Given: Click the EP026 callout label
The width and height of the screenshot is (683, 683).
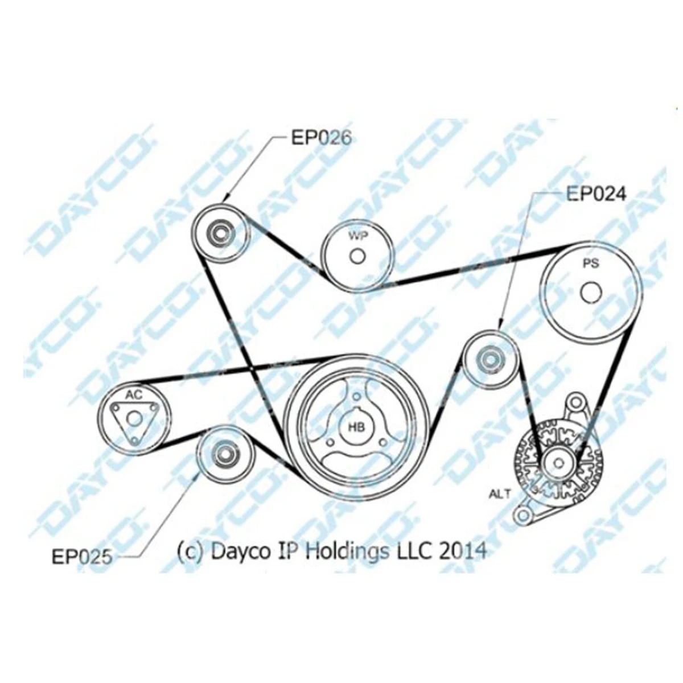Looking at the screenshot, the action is [321, 138].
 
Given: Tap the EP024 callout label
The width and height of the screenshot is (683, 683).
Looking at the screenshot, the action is [596, 194].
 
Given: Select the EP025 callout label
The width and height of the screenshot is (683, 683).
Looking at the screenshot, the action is [82, 557].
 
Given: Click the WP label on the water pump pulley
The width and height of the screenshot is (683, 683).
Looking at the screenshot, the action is [357, 236].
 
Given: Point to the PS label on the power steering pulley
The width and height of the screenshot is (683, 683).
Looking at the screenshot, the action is [591, 264].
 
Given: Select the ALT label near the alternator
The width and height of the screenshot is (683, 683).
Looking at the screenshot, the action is [500, 493].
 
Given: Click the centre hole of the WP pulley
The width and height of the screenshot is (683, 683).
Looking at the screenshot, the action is [357, 257].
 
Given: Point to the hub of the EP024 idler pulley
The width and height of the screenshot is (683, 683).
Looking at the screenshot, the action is [491, 360].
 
